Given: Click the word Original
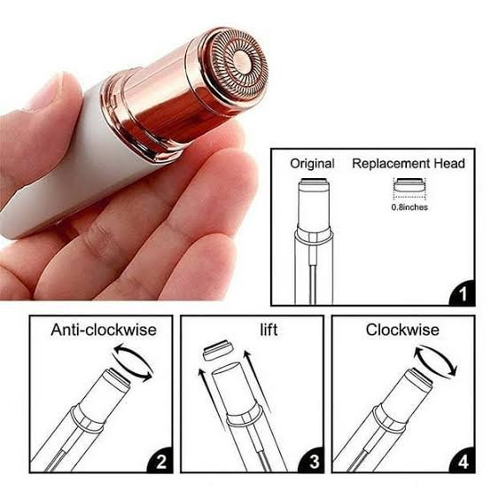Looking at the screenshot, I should (312, 164).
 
